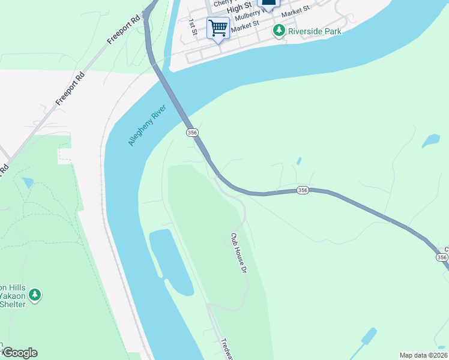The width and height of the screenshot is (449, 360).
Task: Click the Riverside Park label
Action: coord(315,31)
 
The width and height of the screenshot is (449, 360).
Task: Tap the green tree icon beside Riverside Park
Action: coord(279,30)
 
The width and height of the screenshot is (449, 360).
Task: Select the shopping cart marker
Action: coord(218,28)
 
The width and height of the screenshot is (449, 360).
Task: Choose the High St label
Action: coord(238,10)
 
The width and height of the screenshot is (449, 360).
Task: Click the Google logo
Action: coord(19,353)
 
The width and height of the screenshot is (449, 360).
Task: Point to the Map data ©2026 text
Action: coord(423,355)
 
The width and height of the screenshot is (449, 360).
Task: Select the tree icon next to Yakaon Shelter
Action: coord(35,294)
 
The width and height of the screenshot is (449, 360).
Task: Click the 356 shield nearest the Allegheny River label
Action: coord(191,132)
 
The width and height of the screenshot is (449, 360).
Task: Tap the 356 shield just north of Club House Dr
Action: coord(303,190)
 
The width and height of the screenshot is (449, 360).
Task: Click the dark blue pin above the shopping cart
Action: coord(268,3)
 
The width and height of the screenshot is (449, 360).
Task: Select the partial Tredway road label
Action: coord(226,347)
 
